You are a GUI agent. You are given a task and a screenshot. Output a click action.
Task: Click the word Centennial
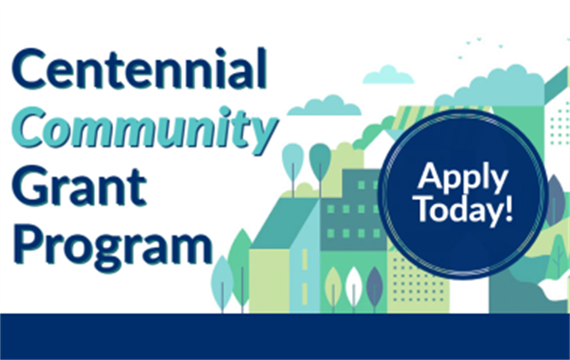(x=140, y=69)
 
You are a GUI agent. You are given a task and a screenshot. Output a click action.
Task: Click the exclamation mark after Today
(x=508, y=208)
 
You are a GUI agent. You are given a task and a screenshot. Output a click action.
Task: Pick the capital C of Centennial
(x=30, y=69)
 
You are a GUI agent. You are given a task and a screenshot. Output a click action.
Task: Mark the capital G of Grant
(x=33, y=186)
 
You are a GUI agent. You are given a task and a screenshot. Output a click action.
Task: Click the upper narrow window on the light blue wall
(x=305, y=259)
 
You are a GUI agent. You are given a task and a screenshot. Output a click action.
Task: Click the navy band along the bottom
(x=285, y=336)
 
